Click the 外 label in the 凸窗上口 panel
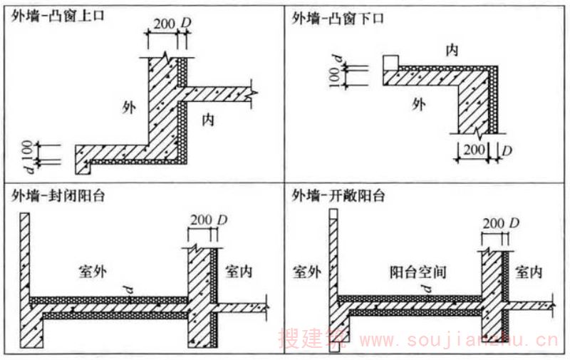pyautogui.click(x=129, y=108)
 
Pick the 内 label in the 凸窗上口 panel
pyautogui.click(x=208, y=119)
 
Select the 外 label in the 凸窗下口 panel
pyautogui.click(x=419, y=104)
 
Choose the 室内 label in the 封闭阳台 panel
pyautogui.click(x=239, y=272)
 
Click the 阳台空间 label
pyautogui.click(x=418, y=272)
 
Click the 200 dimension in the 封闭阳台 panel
pyautogui.click(x=202, y=220)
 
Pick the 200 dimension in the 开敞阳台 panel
pyautogui.click(x=493, y=223)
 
